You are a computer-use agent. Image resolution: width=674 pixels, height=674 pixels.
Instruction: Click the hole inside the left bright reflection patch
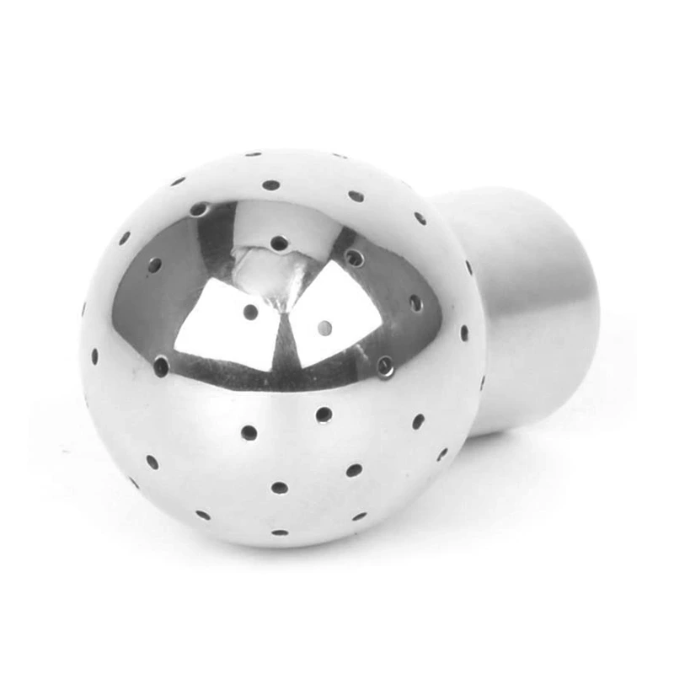pyautogui.click(x=250, y=312)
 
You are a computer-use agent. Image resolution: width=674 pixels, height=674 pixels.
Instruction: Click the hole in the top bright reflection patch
pyautogui.click(x=279, y=243)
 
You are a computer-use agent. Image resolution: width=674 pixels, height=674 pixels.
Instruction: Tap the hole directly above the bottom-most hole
pyautogui.click(x=279, y=487)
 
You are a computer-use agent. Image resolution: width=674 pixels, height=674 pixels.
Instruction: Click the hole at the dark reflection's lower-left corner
pyautogui.click(x=161, y=365)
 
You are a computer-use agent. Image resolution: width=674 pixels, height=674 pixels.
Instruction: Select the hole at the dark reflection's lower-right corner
pyautogui.click(x=385, y=365)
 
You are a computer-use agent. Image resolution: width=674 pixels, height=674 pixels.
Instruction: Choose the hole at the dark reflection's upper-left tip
pyautogui.click(x=199, y=208)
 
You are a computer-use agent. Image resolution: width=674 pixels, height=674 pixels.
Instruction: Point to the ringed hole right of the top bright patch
pyautogui.click(x=354, y=257)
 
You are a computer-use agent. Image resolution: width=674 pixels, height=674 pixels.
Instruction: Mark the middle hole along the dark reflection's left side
pyautogui.click(x=155, y=265)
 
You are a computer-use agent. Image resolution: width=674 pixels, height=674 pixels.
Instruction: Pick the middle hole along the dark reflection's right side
pyautogui.click(x=415, y=302)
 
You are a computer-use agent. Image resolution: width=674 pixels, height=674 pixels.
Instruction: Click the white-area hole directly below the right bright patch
pyautogui.click(x=324, y=414)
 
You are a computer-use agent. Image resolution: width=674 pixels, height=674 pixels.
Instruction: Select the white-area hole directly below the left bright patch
pyautogui.click(x=249, y=432)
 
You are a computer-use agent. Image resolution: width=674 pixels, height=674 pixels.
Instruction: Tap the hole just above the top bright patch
pyautogui.click(x=270, y=185)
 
